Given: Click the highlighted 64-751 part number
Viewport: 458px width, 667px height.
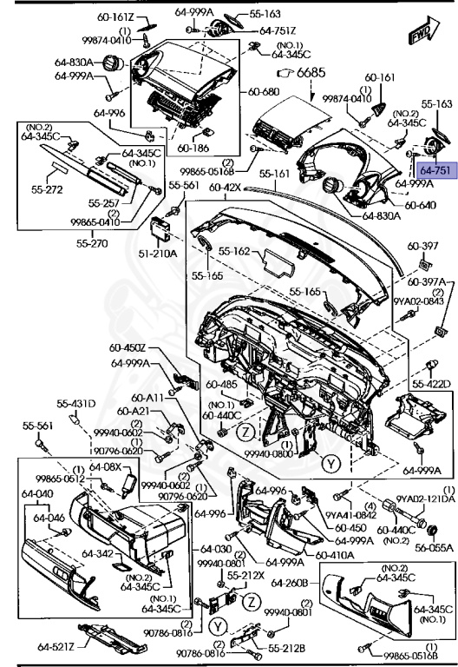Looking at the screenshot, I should coord(435,171).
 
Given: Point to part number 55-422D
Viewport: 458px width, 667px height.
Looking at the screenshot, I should coord(431,383).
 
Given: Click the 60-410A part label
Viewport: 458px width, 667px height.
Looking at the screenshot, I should coord(333,555).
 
